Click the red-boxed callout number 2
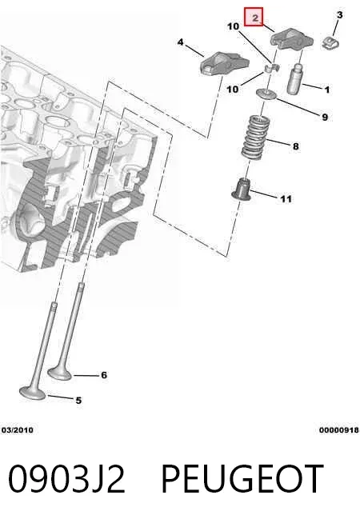click(254, 17)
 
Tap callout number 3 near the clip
click(339, 14)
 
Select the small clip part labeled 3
click(330, 43)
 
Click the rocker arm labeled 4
click(224, 63)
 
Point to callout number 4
click(180, 42)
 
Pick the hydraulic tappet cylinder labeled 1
click(294, 78)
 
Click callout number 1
click(327, 90)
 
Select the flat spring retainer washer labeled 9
click(266, 94)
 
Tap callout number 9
click(325, 117)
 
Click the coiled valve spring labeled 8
click(256, 137)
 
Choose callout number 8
click(296, 146)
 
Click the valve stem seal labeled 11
click(242, 190)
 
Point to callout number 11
click(286, 199)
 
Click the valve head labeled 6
click(60, 373)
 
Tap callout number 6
click(104, 375)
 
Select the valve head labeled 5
click(32, 393)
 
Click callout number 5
click(78, 401)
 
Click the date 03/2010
click(18, 430)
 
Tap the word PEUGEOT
click(242, 479)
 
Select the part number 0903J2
click(66, 479)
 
